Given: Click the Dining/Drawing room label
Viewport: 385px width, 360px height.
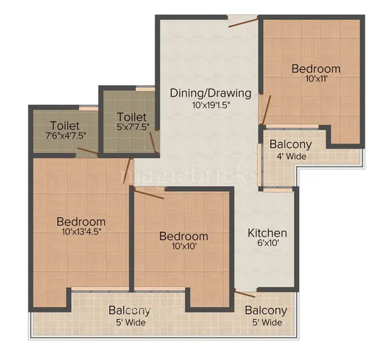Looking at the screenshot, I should coord(210,93).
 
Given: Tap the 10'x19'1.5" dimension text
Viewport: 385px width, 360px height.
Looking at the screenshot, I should coord(210,105).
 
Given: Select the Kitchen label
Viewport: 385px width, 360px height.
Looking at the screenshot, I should coord(267,233).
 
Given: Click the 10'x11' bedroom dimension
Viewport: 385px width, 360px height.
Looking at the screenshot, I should coord(316,81).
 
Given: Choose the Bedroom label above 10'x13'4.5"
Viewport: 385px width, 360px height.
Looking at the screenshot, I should coord(81,221).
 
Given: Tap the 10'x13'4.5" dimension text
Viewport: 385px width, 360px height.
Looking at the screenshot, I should coord(81,233).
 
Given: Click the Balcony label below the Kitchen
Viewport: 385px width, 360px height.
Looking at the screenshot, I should coord(266,311).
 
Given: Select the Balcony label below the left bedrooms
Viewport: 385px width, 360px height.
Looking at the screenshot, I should coord(130,311).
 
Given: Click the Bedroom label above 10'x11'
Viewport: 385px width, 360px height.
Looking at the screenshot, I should coord(316,69).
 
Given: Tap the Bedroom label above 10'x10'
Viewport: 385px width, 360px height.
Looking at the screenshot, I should coord(183,236).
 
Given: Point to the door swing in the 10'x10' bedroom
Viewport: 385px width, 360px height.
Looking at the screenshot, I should coord(148,193).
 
